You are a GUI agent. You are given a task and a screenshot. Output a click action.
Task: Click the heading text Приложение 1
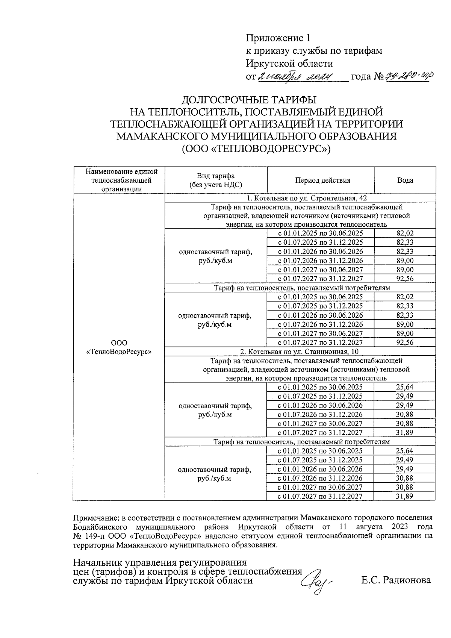pos(278,38)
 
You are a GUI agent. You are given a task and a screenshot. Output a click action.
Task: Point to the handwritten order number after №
pos(408,77)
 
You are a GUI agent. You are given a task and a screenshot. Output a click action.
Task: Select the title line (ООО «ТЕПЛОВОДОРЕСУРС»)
pos(256,149)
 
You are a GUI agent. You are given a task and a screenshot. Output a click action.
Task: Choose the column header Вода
pos(405,180)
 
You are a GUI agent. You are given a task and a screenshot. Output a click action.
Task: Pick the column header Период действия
pos(322,180)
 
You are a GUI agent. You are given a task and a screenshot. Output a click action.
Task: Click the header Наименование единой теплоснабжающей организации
pos(121,180)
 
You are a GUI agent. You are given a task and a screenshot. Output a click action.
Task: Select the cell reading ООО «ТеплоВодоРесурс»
pos(119,347)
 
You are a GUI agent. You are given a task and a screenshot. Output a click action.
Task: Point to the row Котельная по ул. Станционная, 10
pos(299,352)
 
